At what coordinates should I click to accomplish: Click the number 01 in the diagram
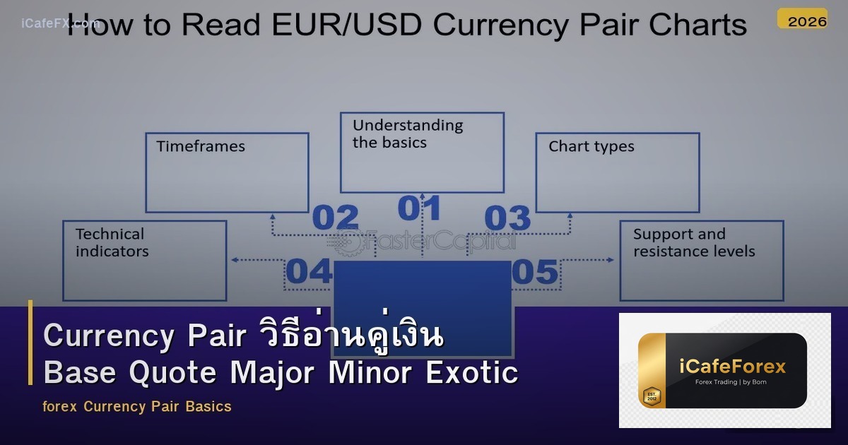(420, 208)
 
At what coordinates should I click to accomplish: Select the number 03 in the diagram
(507, 218)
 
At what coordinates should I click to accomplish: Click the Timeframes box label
(201, 147)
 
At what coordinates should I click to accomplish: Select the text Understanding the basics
(408, 133)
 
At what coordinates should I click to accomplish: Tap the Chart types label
(591, 147)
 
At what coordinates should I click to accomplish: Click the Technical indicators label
(112, 242)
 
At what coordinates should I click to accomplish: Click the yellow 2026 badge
(802, 20)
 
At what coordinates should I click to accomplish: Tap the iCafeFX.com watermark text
(59, 23)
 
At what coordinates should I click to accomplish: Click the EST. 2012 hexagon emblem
(651, 396)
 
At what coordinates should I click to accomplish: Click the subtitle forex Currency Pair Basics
(137, 407)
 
